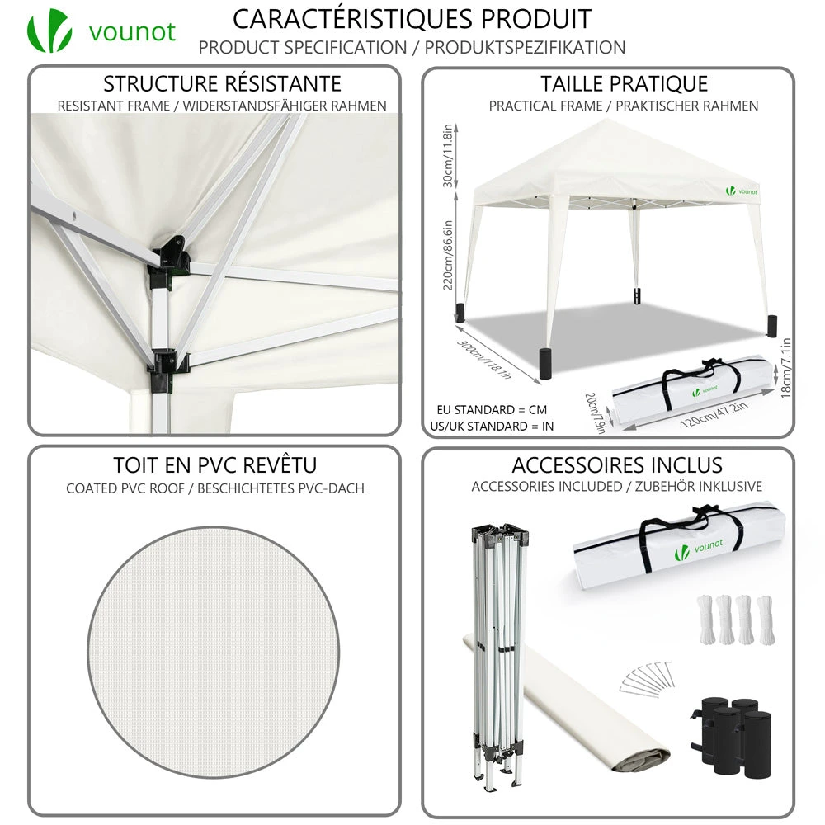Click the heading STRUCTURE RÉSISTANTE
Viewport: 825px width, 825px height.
pyautogui.click(x=222, y=84)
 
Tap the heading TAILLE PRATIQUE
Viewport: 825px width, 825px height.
pyautogui.click(x=624, y=84)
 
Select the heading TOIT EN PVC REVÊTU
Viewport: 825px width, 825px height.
pyautogui.click(x=215, y=465)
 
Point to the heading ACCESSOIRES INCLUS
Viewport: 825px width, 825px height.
pyautogui.click(x=617, y=465)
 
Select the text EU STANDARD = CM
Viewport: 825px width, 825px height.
pyautogui.click(x=491, y=409)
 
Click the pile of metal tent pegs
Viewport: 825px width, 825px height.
pyautogui.click(x=644, y=677)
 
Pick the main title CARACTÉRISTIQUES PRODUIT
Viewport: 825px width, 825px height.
pyautogui.click(x=412, y=18)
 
